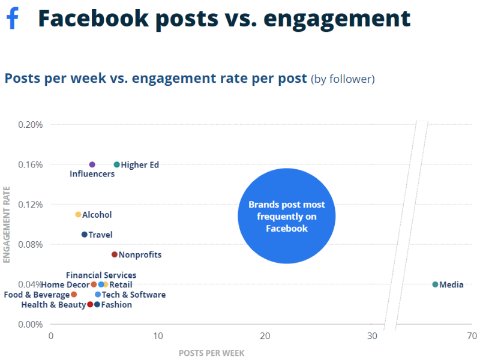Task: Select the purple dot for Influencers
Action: pyautogui.click(x=92, y=164)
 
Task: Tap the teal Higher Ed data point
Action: pyautogui.click(x=117, y=164)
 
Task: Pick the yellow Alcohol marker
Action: pyautogui.click(x=78, y=215)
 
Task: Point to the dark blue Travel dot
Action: pyautogui.click(x=85, y=235)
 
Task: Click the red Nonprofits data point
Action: pyautogui.click(x=115, y=254)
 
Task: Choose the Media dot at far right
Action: pyautogui.click(x=435, y=284)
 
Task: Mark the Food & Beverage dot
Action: pyautogui.click(x=74, y=295)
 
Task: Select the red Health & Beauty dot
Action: pyautogui.click(x=90, y=304)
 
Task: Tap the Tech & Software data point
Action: pyautogui.click(x=98, y=295)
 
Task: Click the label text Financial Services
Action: pyautogui.click(x=101, y=275)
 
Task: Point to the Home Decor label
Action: pyautogui.click(x=65, y=285)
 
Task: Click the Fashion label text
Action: pyautogui.click(x=116, y=305)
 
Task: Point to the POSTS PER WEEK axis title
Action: pyautogui.click(x=211, y=353)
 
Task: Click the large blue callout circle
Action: pyautogui.click(x=286, y=216)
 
